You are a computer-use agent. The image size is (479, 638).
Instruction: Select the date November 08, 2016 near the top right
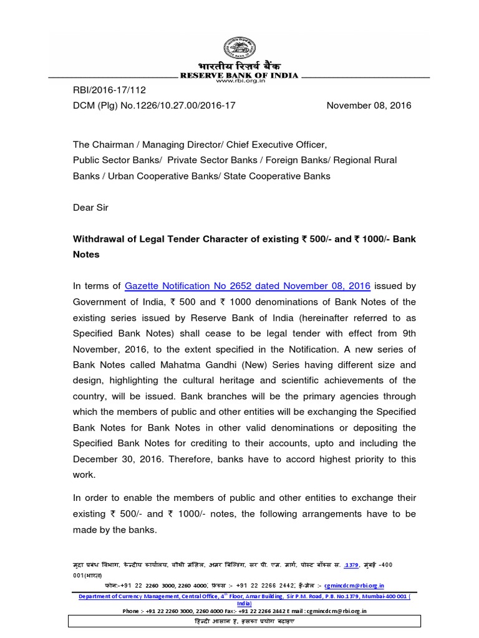coord(369,106)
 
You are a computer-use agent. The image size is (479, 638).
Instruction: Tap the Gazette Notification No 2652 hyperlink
coord(248,286)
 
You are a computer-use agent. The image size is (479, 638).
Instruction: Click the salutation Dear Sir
coord(90,207)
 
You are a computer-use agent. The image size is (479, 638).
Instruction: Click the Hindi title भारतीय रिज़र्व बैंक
coord(239,67)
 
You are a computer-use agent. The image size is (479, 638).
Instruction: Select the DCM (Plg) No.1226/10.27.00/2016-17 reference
coord(154,106)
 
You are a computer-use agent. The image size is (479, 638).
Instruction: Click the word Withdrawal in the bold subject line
coord(102,239)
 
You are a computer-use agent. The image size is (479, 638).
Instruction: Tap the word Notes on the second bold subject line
coord(86,255)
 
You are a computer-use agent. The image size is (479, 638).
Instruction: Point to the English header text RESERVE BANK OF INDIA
coord(239,75)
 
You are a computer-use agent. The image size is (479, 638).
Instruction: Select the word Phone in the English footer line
coord(132,611)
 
